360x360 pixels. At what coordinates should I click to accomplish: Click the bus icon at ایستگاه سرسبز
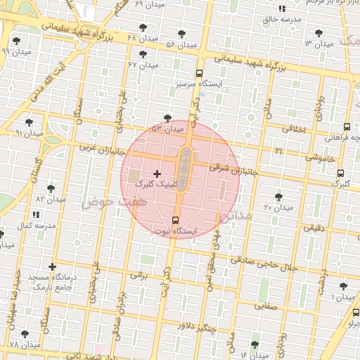tap(200, 73)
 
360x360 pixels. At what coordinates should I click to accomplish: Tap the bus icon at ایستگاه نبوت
tap(175, 219)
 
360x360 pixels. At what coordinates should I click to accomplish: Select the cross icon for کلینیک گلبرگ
tap(156, 173)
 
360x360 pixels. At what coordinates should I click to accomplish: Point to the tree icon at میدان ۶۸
tap(143, 28)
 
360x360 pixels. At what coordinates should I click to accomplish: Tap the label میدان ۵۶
tap(180, 45)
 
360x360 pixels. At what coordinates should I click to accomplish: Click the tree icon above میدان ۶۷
tap(143, 54)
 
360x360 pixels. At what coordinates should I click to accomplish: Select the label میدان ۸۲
tap(50, 200)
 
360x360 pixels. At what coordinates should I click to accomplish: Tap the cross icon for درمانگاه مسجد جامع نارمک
tap(52, 266)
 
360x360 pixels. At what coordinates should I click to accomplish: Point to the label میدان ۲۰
tap(278, 208)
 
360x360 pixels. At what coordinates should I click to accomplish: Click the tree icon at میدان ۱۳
tap(319, 32)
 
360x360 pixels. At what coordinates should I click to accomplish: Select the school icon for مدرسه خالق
tap(281, 8)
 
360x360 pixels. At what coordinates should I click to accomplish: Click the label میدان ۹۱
tap(30, 133)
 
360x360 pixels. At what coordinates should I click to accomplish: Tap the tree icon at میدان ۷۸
tap(25, 335)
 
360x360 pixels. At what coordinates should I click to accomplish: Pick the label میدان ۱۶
tap(254, 355)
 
